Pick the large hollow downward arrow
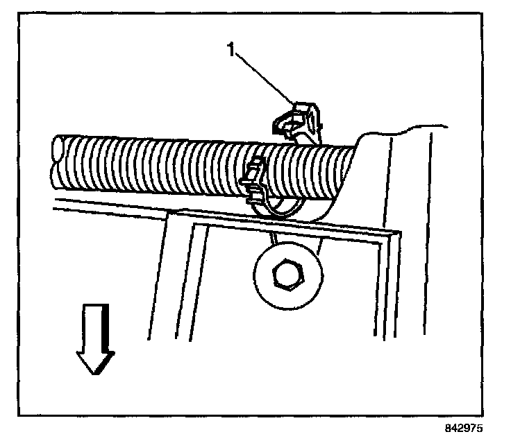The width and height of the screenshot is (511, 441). point(96,340)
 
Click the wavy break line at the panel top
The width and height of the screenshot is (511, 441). point(410,130)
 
